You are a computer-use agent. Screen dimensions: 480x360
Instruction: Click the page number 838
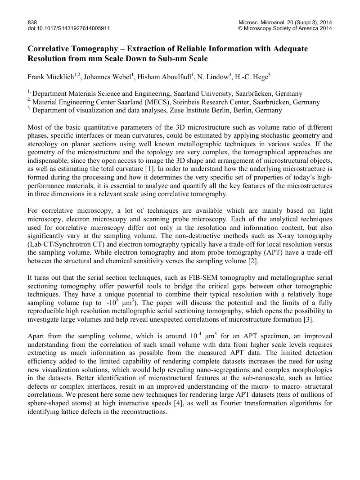[32, 22]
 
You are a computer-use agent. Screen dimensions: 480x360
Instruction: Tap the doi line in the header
[69, 28]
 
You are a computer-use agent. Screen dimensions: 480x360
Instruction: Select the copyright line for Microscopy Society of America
[285, 28]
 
